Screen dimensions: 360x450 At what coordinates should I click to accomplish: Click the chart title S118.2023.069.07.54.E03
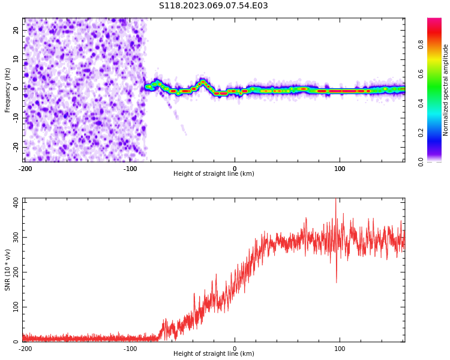point(213,6)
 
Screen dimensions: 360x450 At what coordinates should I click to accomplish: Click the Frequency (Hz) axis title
point(8,90)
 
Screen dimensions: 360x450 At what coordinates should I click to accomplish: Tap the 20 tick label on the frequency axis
point(16,30)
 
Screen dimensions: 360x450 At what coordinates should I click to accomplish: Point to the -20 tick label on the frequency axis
point(15,146)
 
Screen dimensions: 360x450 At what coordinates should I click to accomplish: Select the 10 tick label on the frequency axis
point(16,59)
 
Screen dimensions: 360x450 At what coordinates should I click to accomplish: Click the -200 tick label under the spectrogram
point(25,169)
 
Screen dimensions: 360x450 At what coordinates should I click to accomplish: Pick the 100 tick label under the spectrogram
point(340,169)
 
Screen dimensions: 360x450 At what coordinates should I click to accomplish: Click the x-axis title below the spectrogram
point(214,174)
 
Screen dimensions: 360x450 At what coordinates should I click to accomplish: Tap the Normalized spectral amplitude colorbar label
point(446,90)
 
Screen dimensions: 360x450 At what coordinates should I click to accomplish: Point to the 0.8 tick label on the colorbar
point(421,44)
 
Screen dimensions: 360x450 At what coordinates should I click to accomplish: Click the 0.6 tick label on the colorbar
point(421,74)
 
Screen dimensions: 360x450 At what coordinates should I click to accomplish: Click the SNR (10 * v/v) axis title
point(8,270)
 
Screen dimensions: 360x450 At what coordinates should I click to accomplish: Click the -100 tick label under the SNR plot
point(130,349)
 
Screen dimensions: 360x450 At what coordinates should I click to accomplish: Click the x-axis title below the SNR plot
point(214,354)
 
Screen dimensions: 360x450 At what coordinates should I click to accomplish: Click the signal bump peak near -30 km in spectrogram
point(203,81)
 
